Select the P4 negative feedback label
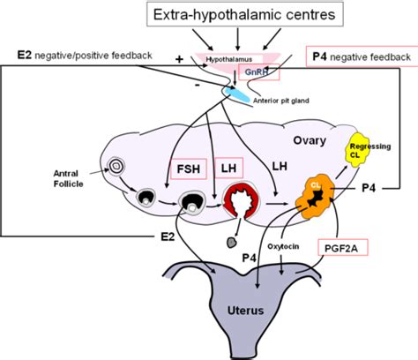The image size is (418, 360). click(x=362, y=57)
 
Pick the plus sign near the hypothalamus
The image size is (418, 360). click(x=180, y=59)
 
